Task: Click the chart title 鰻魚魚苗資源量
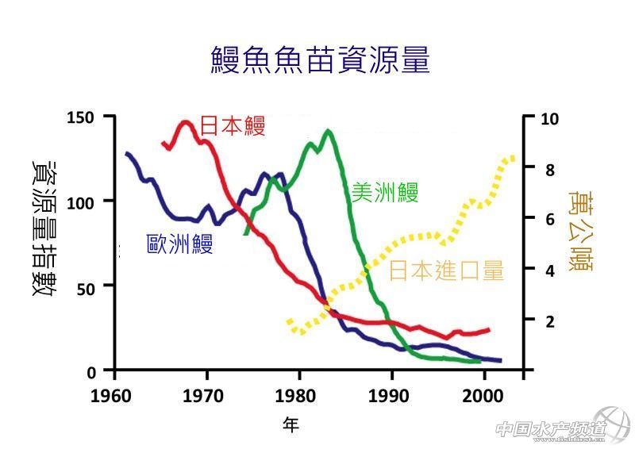click(320, 60)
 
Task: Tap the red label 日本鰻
click(232, 125)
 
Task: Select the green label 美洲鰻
click(385, 192)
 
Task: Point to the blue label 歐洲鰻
click(180, 243)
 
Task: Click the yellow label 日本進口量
click(447, 271)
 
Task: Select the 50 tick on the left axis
click(87, 286)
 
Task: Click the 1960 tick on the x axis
click(114, 394)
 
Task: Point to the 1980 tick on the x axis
click(298, 394)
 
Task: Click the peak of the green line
click(328, 131)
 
